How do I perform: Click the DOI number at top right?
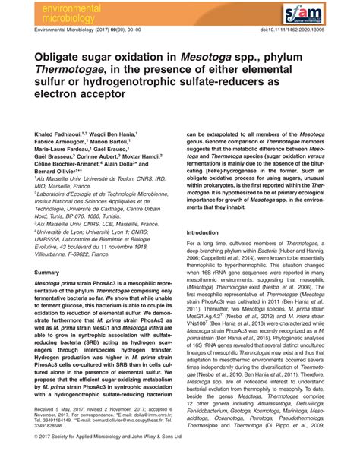click(297, 32)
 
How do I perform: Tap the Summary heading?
click(47, 271)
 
